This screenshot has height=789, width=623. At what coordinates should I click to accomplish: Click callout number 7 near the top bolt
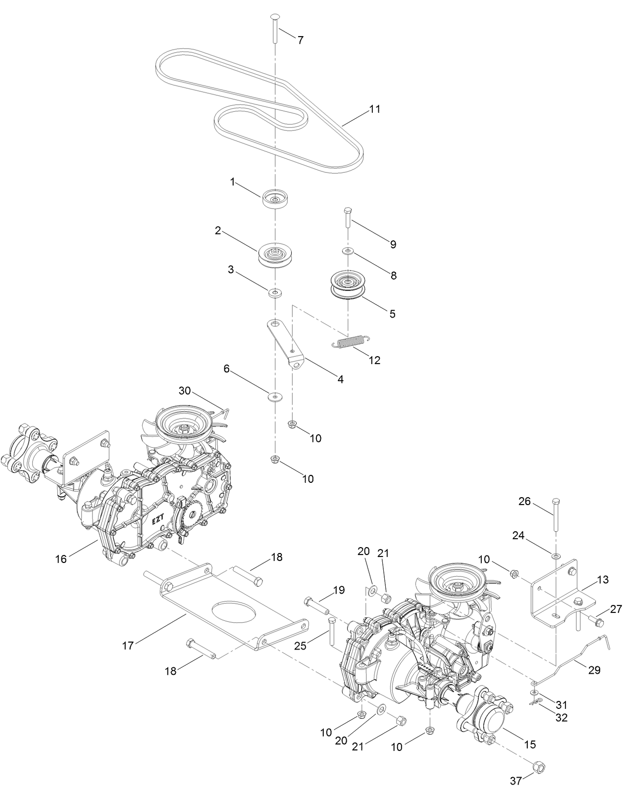300,40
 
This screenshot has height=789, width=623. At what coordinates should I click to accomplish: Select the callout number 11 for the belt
375,109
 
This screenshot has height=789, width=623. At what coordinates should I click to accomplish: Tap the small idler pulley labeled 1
275,199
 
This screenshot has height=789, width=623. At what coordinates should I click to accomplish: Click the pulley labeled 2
273,254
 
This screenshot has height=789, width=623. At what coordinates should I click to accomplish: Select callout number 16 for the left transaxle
61,559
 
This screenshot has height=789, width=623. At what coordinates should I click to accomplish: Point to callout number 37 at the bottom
516,781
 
